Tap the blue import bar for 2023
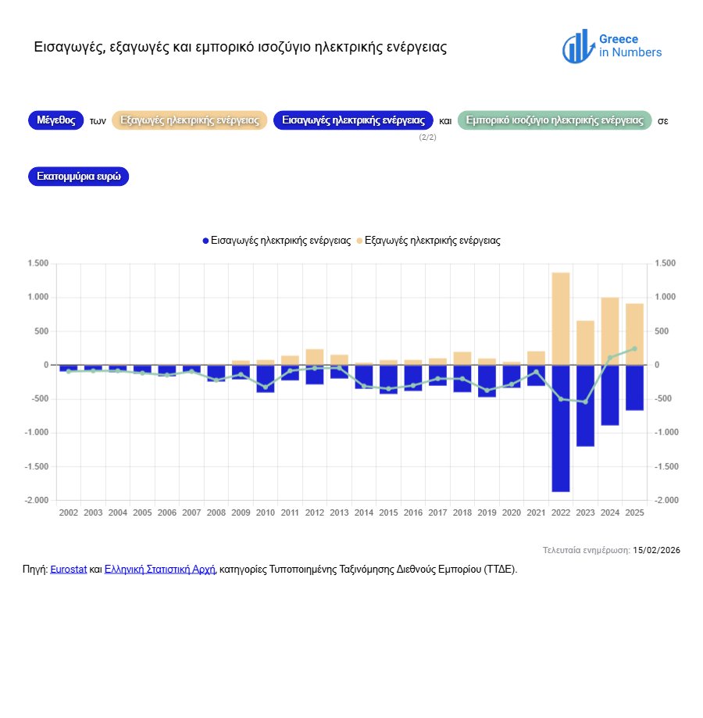585,405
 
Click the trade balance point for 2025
634,348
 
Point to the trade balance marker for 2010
265,387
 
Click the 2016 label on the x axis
412,513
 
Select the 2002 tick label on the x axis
68,513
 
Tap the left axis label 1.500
37,263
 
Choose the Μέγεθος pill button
55,120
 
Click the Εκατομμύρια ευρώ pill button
78,177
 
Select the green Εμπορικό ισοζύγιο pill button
554,120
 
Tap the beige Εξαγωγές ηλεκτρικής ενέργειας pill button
190,120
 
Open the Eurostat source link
68,570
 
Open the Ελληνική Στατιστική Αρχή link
159,570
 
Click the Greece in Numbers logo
612,47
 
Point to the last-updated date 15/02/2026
656,551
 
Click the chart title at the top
241,48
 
